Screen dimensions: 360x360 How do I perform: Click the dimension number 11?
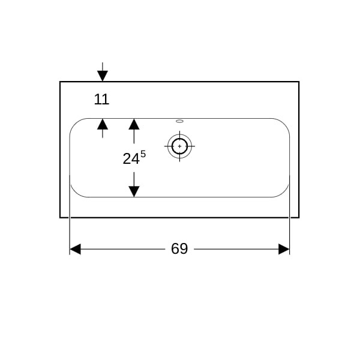pyautogui.click(x=101, y=100)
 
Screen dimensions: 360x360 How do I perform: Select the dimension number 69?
pyautogui.click(x=179, y=248)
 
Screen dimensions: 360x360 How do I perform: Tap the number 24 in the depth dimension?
pyautogui.click(x=131, y=158)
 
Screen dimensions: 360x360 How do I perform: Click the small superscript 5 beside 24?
pyautogui.click(x=143, y=154)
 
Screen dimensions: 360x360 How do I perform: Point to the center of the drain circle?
pyautogui.click(x=179, y=146)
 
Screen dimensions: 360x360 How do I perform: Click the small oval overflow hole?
pyautogui.click(x=179, y=121)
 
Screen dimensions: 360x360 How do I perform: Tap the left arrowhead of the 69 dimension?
pyautogui.click(x=75, y=249)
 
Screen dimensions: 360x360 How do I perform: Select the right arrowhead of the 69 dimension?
pyautogui.click(x=284, y=249)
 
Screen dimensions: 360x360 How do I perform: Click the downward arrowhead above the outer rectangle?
pyautogui.click(x=103, y=76)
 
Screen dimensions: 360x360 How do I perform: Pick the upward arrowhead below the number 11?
pyautogui.click(x=103, y=124)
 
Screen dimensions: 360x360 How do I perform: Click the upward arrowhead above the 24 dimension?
pyautogui.click(x=134, y=124)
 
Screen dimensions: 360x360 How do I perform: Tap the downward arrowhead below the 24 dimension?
pyautogui.click(x=134, y=191)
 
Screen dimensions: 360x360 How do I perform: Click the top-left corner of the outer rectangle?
pyautogui.click(x=60, y=82)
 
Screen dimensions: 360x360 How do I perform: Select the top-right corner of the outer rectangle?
pyautogui.click(x=299, y=82)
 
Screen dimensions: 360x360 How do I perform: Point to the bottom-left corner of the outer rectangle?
pyautogui.click(x=60, y=217)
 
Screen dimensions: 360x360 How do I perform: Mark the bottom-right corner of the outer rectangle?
pyautogui.click(x=299, y=217)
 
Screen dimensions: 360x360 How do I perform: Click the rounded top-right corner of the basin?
pyautogui.click(x=284, y=124)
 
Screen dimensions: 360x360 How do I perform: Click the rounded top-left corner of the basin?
pyautogui.click(x=75, y=124)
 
